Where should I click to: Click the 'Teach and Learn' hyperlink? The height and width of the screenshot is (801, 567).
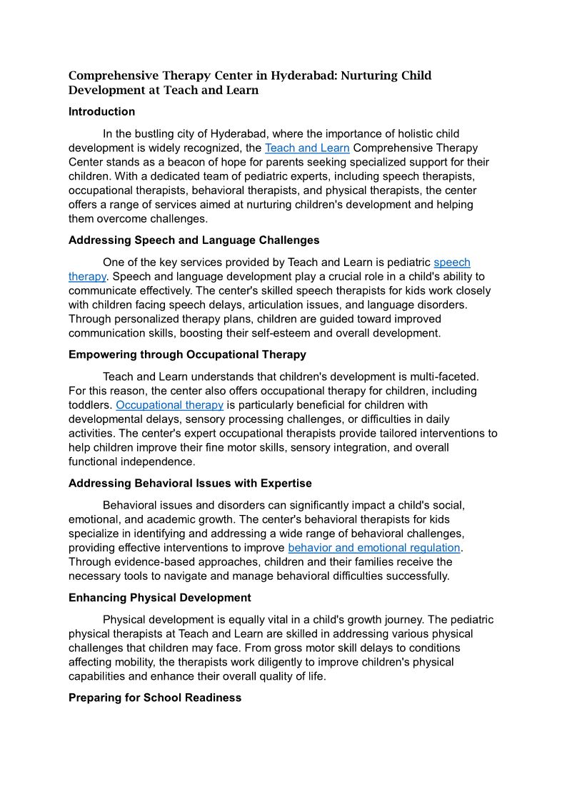(x=306, y=148)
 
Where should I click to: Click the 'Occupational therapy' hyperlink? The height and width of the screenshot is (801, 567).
(x=169, y=405)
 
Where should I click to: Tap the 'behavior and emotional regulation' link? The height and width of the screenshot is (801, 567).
(x=374, y=548)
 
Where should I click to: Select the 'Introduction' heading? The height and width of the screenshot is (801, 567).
(x=101, y=111)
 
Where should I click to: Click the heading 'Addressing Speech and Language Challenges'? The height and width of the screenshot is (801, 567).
(x=194, y=240)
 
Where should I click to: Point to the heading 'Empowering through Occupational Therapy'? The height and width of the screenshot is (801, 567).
(x=187, y=354)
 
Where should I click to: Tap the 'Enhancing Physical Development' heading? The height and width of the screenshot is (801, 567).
(x=159, y=598)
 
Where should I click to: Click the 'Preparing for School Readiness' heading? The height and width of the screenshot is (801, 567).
(x=154, y=698)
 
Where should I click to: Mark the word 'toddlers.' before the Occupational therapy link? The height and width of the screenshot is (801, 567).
(x=90, y=405)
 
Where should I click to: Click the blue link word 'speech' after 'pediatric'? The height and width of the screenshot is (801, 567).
(x=452, y=262)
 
